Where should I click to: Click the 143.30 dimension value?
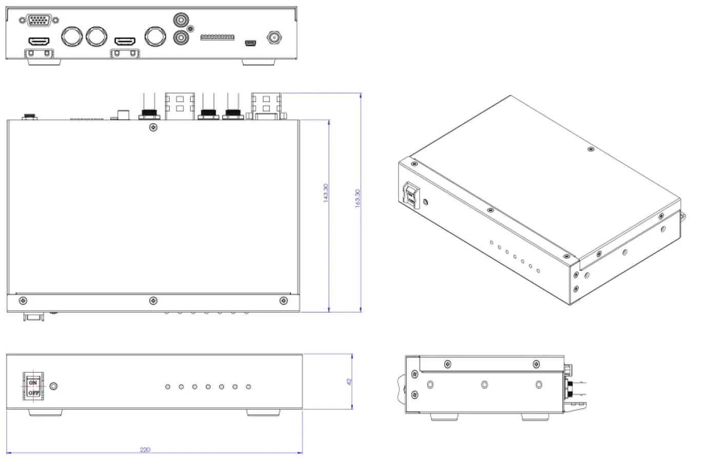click(326, 193)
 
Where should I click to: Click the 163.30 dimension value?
click(358, 198)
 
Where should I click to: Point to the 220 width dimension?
click(145, 450)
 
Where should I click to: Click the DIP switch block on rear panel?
click(217, 37)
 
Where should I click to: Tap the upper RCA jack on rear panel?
click(181, 21)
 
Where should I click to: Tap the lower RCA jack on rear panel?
click(181, 37)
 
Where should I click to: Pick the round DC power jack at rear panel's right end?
click(273, 37)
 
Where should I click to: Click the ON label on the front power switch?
click(33, 383)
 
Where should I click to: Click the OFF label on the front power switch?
click(33, 393)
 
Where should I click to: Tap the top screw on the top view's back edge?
click(152, 127)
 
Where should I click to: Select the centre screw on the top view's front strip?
click(152, 300)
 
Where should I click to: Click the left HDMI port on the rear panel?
click(39, 41)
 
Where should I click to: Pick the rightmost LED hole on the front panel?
click(248, 387)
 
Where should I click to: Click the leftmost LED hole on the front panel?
click(168, 387)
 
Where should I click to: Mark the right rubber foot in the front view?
click(264, 412)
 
